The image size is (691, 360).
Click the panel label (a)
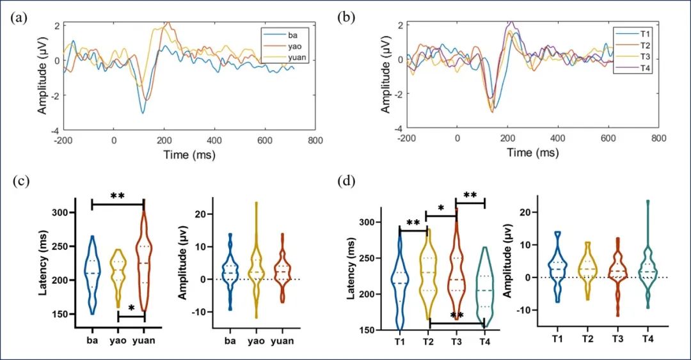(x=19, y=17)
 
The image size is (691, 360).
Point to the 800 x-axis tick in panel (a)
(x=314, y=140)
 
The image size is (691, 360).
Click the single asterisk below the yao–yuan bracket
(x=131, y=309)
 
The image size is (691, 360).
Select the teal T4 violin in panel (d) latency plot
(x=485, y=288)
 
